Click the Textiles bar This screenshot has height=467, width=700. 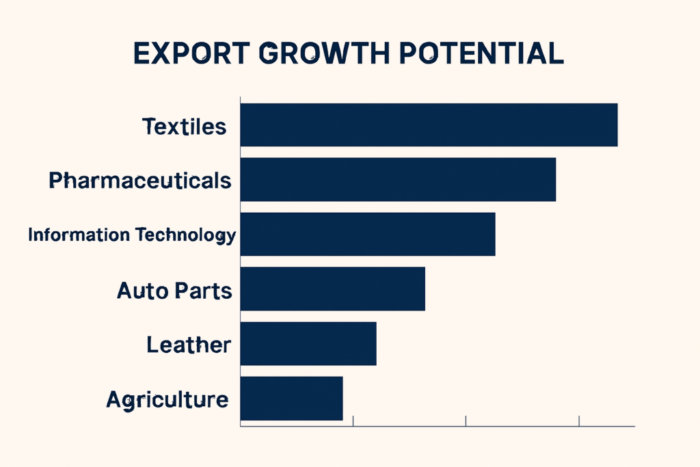click(x=429, y=125)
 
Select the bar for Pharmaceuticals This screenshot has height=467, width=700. click(x=398, y=180)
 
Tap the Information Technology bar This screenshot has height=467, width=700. click(x=368, y=235)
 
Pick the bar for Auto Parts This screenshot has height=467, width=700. click(x=333, y=289)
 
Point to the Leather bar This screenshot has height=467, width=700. click(x=308, y=344)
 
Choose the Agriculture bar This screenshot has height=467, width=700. click(x=291, y=399)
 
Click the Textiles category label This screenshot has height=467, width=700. click(x=184, y=126)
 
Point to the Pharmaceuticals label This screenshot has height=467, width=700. click(x=140, y=181)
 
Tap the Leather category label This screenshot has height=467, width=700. click(x=189, y=345)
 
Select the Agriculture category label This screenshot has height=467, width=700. click(x=167, y=399)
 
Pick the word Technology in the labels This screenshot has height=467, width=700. click(x=185, y=236)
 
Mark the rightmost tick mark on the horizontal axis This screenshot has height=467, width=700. click(x=579, y=421)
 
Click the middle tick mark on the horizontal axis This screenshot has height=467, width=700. click(x=466, y=421)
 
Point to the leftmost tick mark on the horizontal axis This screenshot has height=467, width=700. click(x=353, y=421)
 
